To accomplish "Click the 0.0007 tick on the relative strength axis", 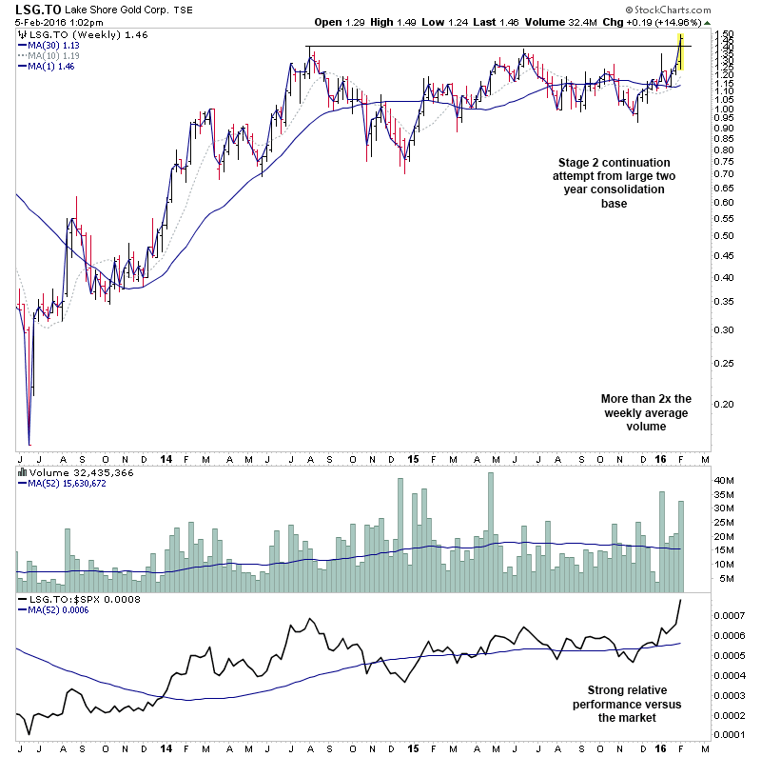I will [x=732, y=615].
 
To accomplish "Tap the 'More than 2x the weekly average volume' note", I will [x=645, y=412].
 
